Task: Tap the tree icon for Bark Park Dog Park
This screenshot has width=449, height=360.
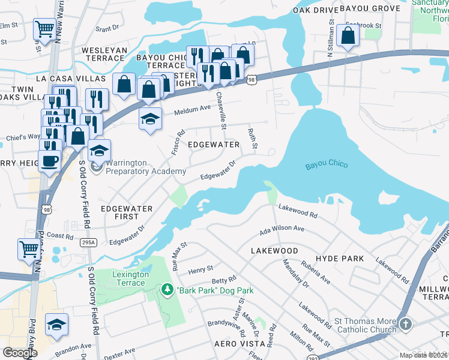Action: tap(166, 290)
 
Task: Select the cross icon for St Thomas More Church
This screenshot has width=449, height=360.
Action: tap(405, 325)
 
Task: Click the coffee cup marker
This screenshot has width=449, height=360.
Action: tap(49, 161)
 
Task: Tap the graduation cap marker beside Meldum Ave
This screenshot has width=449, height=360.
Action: tap(151, 118)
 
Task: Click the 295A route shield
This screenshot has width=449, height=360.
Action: tap(88, 241)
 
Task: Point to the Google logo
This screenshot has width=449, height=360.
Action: tap(20, 353)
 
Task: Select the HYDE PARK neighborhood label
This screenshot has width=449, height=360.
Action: tap(342, 259)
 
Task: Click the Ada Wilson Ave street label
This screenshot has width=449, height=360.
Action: tap(282, 229)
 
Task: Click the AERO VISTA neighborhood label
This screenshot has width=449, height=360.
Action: tap(240, 344)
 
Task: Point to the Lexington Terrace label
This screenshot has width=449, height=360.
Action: tap(130, 278)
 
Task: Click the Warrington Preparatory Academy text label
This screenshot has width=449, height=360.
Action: tap(146, 167)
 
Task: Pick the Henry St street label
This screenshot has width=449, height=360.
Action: tap(200, 269)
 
